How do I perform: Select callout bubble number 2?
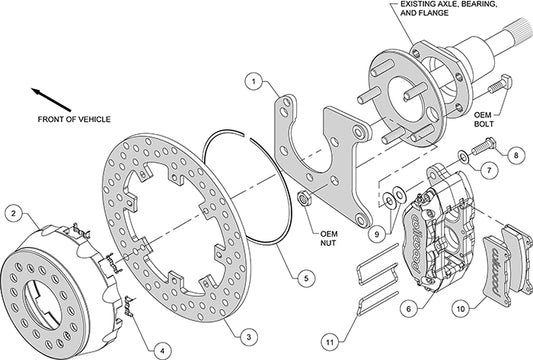[x=13, y=212]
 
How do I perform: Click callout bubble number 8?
[x=515, y=156]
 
